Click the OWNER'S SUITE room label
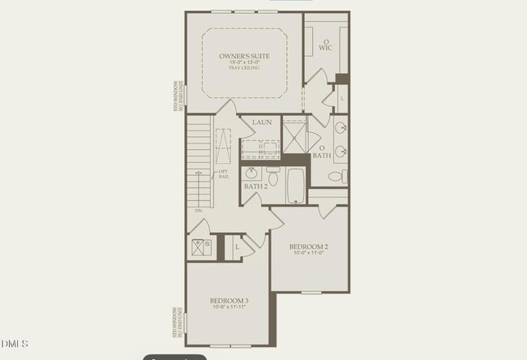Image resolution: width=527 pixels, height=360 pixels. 244,56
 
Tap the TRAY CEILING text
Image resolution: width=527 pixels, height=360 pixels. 244,68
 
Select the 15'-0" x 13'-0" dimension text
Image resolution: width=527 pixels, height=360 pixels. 244,62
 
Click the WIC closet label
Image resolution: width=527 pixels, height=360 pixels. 326,47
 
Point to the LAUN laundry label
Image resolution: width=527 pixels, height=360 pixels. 261,122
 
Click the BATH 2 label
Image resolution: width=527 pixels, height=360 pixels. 255,186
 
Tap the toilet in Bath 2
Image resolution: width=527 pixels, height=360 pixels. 273,175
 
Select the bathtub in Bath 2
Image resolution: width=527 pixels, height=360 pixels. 297,185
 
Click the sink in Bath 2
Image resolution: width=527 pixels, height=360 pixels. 252,173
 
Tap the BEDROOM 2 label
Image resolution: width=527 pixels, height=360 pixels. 308,246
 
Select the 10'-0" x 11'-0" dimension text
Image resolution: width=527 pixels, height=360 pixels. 308,253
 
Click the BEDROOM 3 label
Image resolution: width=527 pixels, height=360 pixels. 229,301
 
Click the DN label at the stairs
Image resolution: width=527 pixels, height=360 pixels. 199,211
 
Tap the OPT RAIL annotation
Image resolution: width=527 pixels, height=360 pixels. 222,174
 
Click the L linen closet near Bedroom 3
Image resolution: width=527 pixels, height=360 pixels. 237,246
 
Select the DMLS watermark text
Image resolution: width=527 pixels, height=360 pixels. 15,344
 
